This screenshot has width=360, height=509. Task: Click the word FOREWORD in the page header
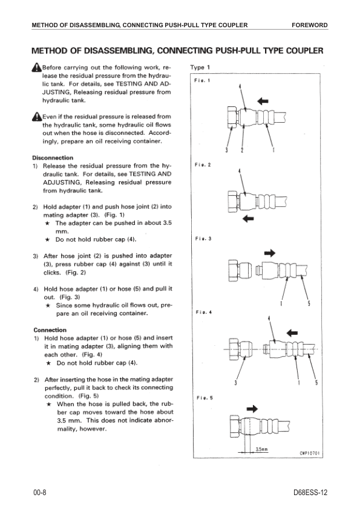309,25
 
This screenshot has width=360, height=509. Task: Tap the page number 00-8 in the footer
40,493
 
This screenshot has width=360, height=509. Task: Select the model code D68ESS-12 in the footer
310,493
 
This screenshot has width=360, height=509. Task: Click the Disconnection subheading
53,158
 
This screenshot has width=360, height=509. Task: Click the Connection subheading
50,330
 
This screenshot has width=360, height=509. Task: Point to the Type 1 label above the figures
200,68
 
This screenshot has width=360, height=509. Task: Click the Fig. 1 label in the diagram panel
202,80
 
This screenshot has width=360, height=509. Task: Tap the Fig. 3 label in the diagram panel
203,239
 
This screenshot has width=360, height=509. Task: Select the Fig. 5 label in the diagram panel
205,398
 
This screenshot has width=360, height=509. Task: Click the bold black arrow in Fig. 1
263,101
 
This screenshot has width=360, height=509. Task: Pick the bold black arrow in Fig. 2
248,218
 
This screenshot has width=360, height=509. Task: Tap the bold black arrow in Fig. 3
270,253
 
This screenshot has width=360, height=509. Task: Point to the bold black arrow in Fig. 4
292,332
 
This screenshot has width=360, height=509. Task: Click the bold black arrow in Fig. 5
252,409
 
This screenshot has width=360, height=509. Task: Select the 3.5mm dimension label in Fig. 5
261,449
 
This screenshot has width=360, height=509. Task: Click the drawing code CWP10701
310,453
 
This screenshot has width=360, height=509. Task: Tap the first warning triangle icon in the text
37,67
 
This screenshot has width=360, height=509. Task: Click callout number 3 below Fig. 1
227,150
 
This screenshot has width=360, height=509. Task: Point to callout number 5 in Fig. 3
309,303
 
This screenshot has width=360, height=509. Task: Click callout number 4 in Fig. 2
240,171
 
